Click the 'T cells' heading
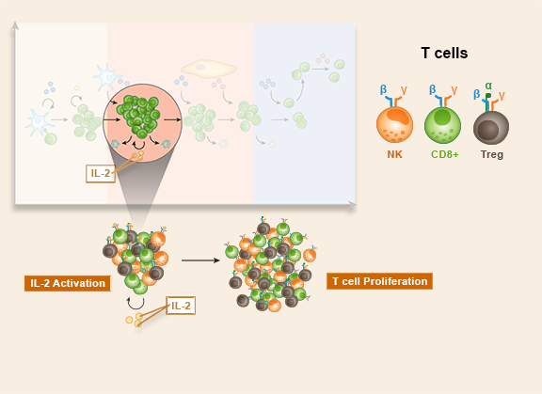[x=444, y=54]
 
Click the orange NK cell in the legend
[x=394, y=125]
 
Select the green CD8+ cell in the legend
[x=442, y=125]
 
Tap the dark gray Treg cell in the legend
[x=491, y=128]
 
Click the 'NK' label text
[x=395, y=154]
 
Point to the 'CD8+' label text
[x=445, y=154]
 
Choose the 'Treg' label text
[x=492, y=154]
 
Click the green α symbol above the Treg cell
[x=488, y=86]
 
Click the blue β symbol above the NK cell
[x=383, y=89]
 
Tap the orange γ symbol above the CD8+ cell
[x=454, y=90]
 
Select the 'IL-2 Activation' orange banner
[x=68, y=283]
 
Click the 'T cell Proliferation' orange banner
[x=379, y=281]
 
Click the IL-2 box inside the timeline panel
[x=101, y=173]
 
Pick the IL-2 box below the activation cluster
[x=181, y=306]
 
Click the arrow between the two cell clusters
[x=200, y=260]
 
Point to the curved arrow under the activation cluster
[x=135, y=305]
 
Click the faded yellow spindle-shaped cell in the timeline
[x=209, y=69]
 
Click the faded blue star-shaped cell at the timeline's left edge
[x=38, y=121]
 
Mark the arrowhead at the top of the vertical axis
[x=15, y=25]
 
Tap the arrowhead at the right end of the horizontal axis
[x=352, y=205]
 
